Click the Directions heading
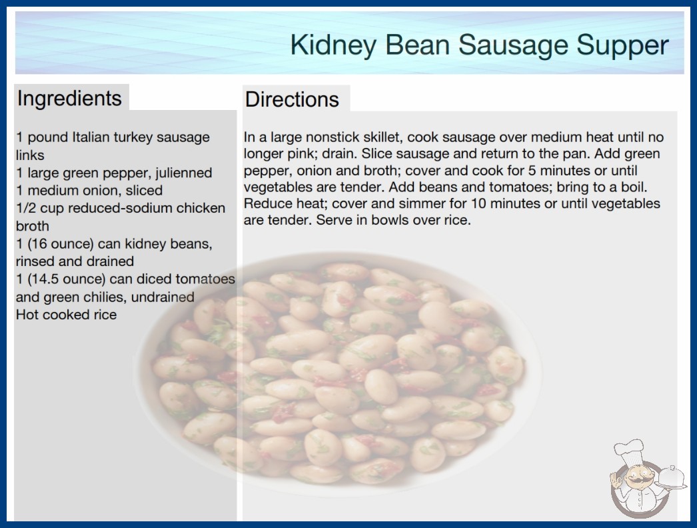tap(292, 99)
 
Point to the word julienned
tap(184, 173)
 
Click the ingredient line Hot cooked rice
tap(66, 315)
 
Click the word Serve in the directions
tap(332, 220)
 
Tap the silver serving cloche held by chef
tap(672, 477)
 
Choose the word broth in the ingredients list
tap(33, 226)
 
